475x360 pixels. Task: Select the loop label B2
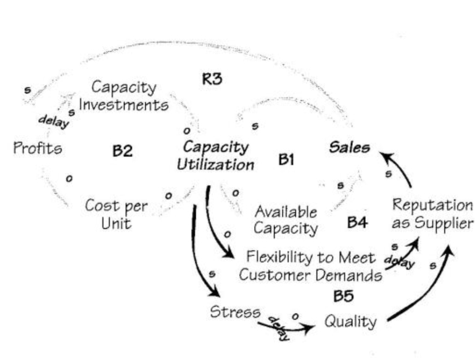(122, 150)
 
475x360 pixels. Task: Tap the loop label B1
(286, 160)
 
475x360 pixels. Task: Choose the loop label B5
(343, 296)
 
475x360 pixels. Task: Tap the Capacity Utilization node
(215, 156)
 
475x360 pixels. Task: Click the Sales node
(349, 148)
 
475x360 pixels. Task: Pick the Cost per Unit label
(117, 214)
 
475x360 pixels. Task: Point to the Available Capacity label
(286, 220)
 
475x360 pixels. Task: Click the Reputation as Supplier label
(433, 213)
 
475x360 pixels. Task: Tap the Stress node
(235, 311)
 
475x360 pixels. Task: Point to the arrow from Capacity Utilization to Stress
(201, 253)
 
